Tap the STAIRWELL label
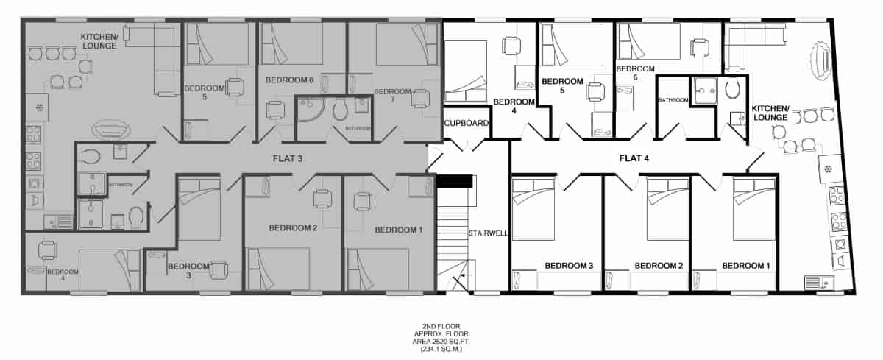[x=485, y=234]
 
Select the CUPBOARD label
[x=467, y=124]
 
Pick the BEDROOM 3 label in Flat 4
[x=569, y=266]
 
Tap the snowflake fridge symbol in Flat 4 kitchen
[x=829, y=169]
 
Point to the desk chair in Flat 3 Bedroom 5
[x=235, y=88]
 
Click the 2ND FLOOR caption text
[x=441, y=325]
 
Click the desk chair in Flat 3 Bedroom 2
[x=322, y=198]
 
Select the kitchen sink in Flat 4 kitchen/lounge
[x=818, y=282]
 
